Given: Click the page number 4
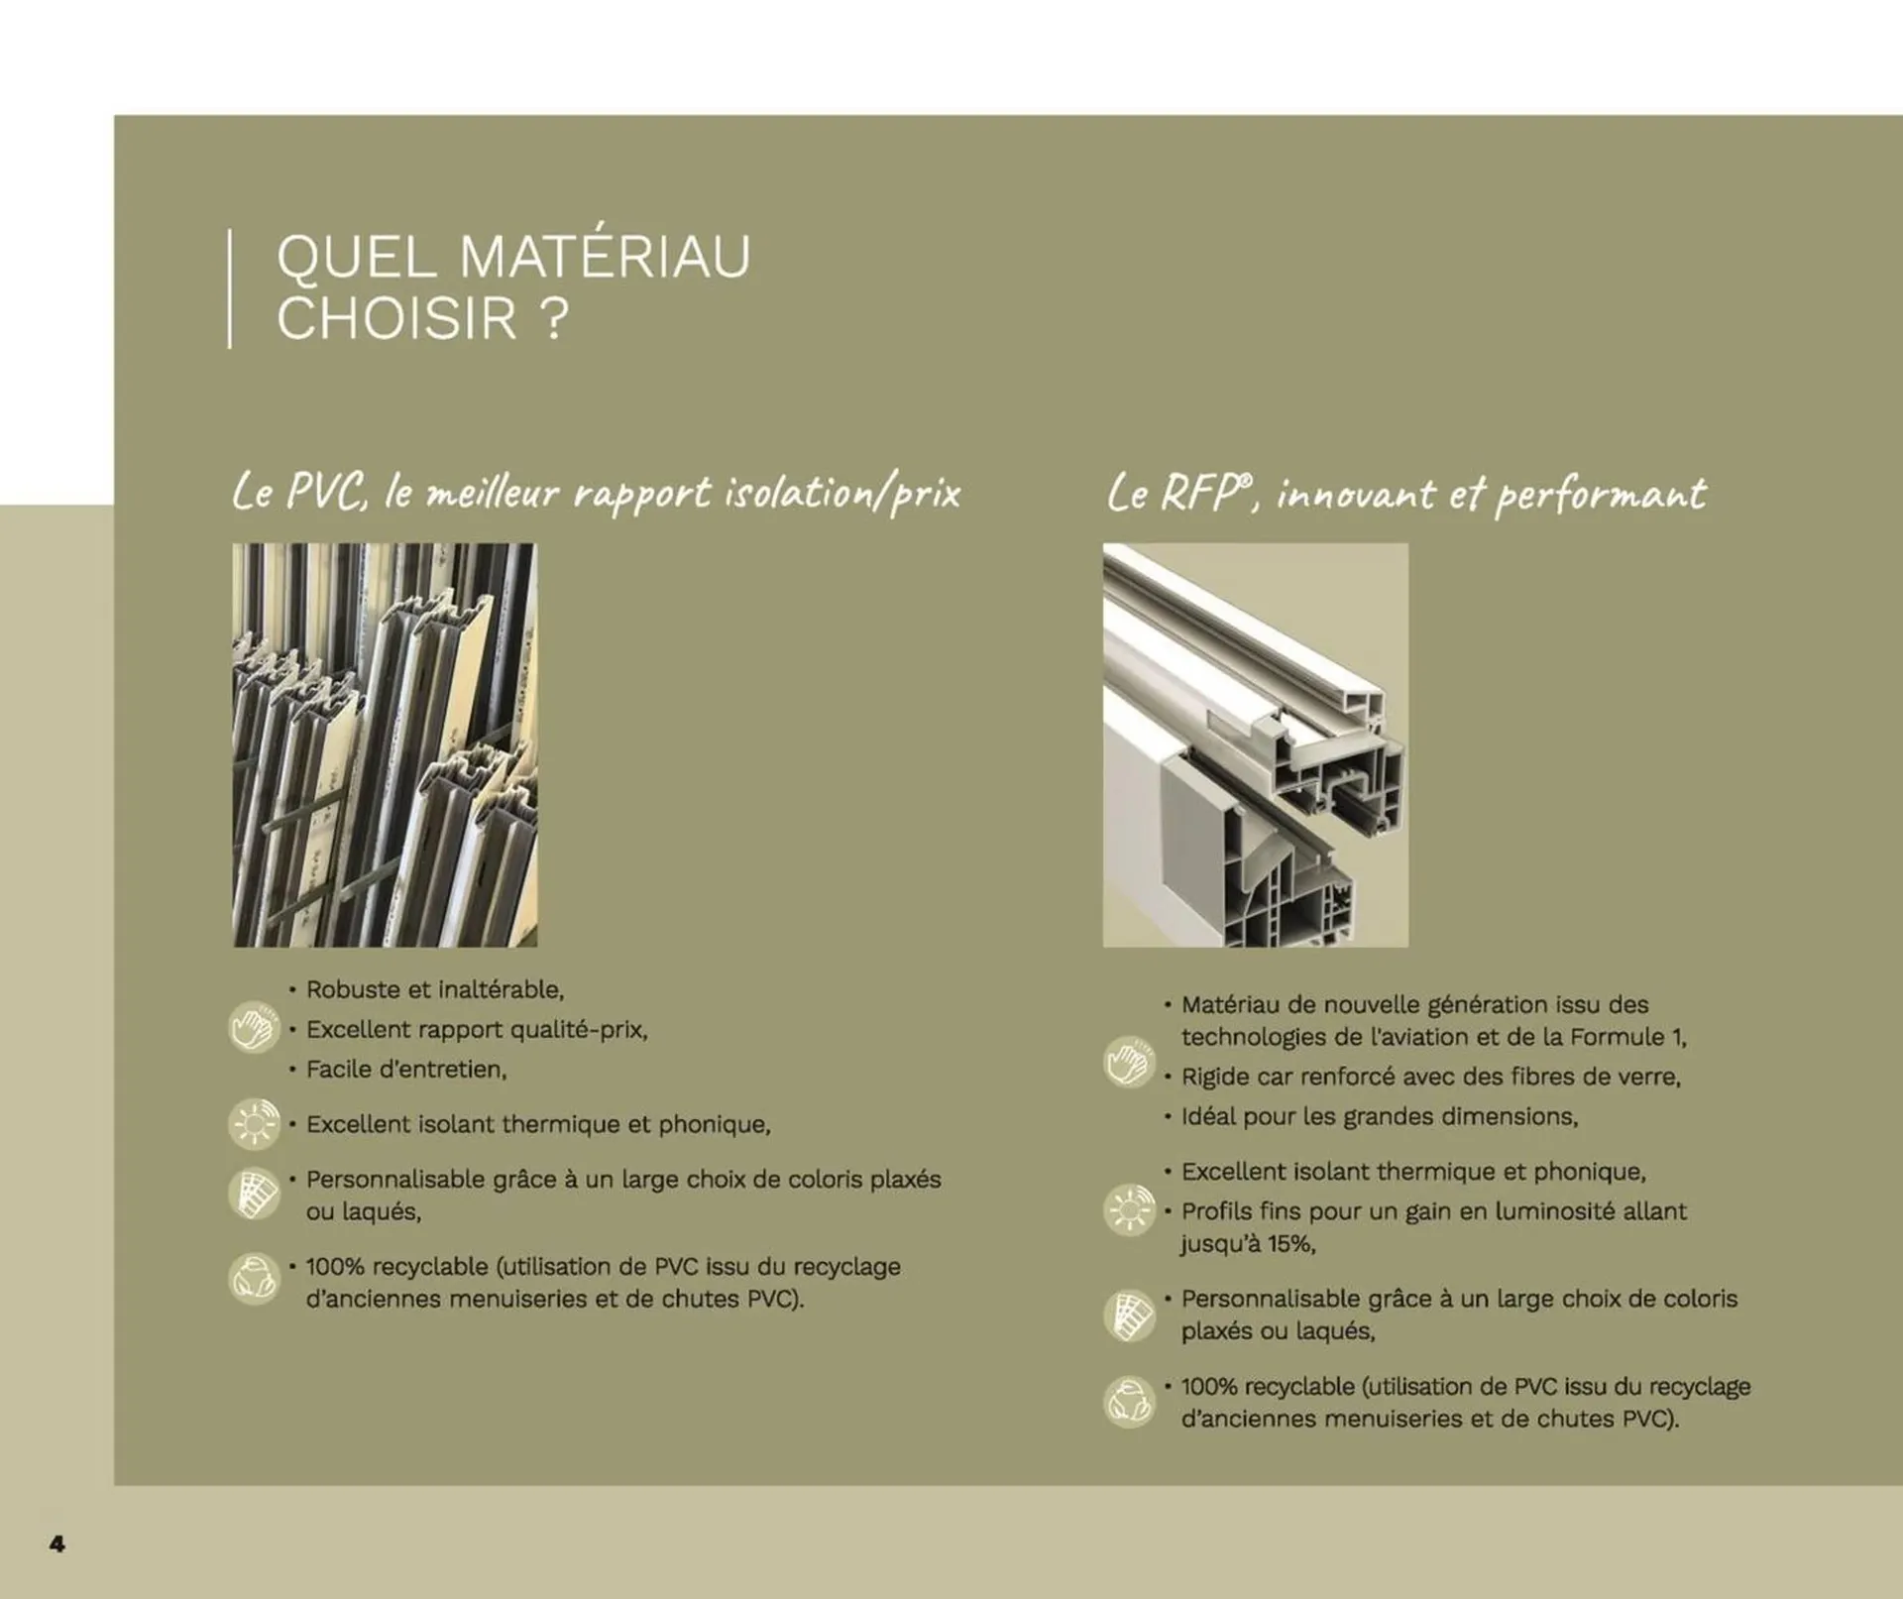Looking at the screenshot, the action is pyautogui.click(x=57, y=1543).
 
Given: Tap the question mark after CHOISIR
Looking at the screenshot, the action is pyautogui.click(x=556, y=319).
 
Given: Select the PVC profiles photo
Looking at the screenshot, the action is pyautogui.click(x=385, y=744).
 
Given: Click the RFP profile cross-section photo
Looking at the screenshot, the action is pyautogui.click(x=1255, y=744).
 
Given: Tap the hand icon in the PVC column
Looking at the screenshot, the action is pyautogui.click(x=254, y=1027).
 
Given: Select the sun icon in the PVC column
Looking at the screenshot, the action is pyautogui.click(x=254, y=1123).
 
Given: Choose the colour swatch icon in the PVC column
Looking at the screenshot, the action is pyautogui.click(x=254, y=1193).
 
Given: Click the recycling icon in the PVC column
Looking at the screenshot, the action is pyautogui.click(x=254, y=1279).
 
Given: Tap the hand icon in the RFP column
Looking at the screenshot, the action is pyautogui.click(x=1129, y=1061).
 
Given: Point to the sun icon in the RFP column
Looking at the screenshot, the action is pyautogui.click(x=1129, y=1209).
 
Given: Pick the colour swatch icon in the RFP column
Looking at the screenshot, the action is pyautogui.click(x=1129, y=1316).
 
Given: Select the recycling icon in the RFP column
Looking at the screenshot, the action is pyautogui.click(x=1129, y=1402).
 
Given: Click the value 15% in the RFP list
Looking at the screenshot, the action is pyautogui.click(x=1289, y=1243).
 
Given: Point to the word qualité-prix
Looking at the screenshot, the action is pyautogui.click(x=585, y=1030).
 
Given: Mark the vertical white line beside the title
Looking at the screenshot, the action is pyautogui.click(x=230, y=288).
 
